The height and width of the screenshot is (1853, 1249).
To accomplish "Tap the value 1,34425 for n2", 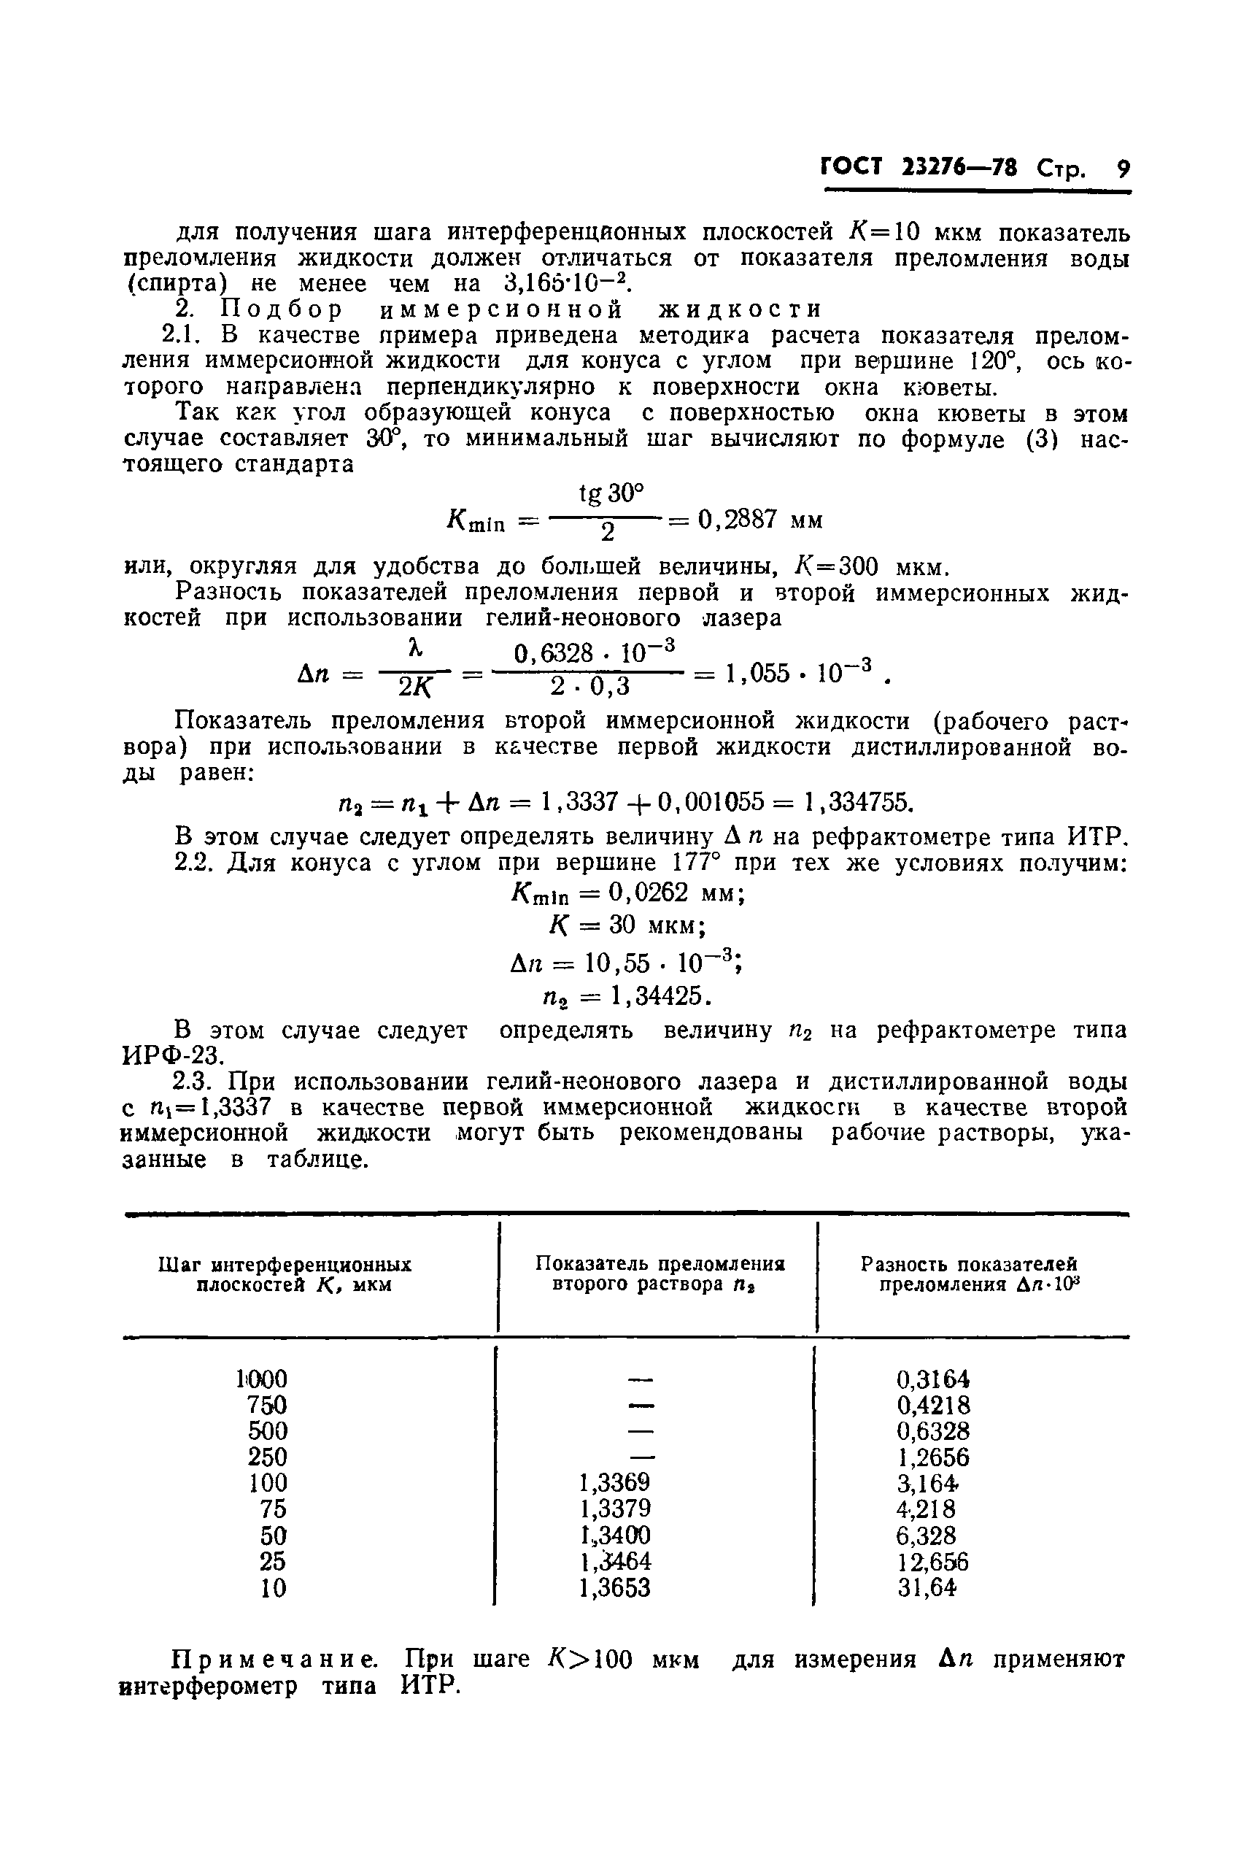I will pos(660,995).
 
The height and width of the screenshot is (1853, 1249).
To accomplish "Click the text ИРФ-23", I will pos(173,1055).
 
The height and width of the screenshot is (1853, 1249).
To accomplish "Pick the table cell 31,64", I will pos(927,1588).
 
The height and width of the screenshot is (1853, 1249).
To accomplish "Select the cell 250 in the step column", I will pos(267,1456).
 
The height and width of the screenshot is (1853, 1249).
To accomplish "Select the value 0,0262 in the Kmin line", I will pos(648,893).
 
